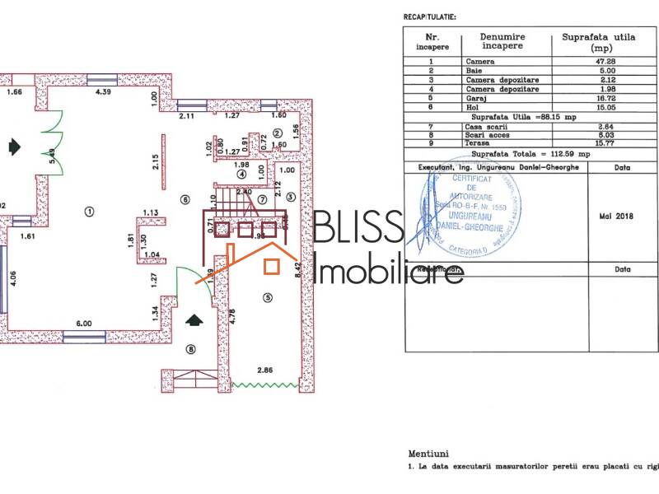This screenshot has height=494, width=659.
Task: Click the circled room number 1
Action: pyautogui.click(x=88, y=211)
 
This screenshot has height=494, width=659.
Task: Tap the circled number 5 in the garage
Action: pyautogui.click(x=266, y=296)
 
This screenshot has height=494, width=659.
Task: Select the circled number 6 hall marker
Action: pyautogui.click(x=185, y=198)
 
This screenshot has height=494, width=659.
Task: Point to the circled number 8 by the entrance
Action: pyautogui.click(x=192, y=350)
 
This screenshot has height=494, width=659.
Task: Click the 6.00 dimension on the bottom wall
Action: pyautogui.click(x=84, y=324)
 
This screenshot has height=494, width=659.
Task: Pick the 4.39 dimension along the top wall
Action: pyautogui.click(x=103, y=91)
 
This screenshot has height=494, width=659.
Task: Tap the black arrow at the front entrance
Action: pyautogui.click(x=194, y=319)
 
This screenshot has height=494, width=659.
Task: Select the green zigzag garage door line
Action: pyautogui.click(x=264, y=384)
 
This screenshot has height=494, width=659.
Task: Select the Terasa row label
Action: pyautogui.click(x=479, y=142)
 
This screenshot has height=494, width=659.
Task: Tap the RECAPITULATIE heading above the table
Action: pyautogui.click(x=429, y=16)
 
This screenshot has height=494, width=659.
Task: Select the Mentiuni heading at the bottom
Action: pyautogui.click(x=428, y=453)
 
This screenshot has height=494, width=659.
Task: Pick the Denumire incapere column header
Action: pyautogui.click(x=502, y=41)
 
